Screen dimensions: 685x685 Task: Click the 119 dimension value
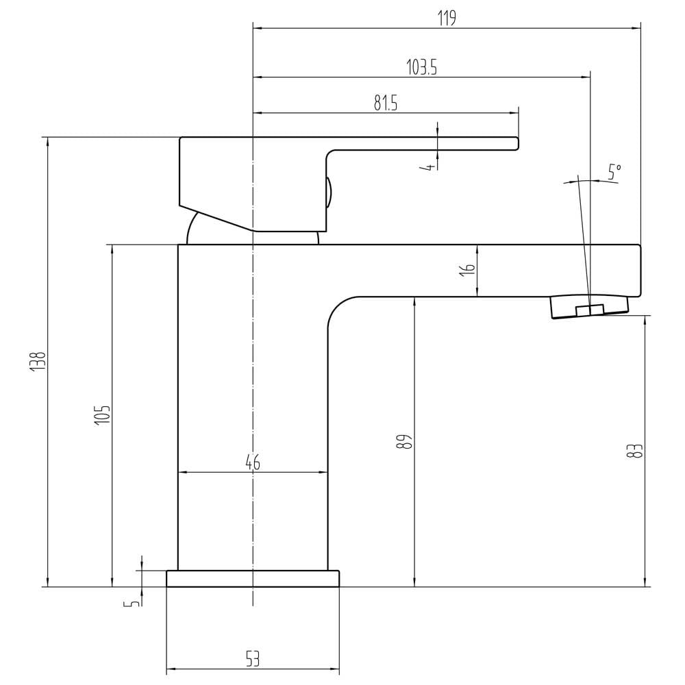pos(447,18)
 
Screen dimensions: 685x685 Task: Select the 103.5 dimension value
pos(421,67)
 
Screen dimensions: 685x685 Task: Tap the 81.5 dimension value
pos(386,103)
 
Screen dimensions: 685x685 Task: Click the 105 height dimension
pos(103,415)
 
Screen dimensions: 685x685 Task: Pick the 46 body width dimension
pos(253,462)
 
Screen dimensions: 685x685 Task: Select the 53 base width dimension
pos(253,659)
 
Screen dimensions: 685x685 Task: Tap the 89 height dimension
pos(405,442)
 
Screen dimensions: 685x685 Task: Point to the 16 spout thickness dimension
pos(467,269)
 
